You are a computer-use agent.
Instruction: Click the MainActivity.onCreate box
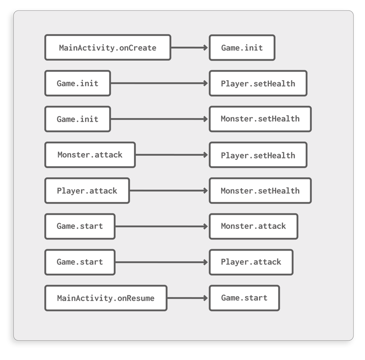pos(108,47)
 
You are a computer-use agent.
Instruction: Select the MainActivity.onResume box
pos(106,298)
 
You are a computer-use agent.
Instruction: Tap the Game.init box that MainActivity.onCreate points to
pos(242,47)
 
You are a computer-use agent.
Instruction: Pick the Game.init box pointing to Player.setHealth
pos(77,83)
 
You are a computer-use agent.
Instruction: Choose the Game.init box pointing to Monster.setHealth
pos(77,119)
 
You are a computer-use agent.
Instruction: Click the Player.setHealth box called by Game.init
pos(258,83)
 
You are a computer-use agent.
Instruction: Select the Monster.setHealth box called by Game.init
pos(260,119)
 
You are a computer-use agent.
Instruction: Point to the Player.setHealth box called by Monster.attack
pos(258,155)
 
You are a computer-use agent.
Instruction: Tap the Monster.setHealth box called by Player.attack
pos(260,191)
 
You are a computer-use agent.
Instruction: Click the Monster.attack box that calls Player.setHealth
pos(90,155)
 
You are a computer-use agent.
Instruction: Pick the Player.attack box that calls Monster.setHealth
pos(87,191)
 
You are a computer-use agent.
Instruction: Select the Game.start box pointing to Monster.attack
pos(80,226)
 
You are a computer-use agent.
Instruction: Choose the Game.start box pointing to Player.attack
pos(80,262)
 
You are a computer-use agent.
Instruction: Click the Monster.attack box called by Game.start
pos(254,226)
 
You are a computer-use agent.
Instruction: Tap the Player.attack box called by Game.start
pos(251,262)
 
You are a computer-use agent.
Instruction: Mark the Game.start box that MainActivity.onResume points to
pos(244,298)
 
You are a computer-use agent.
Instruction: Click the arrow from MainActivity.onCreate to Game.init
pos(190,47)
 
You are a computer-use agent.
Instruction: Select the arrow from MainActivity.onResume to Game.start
pos(188,298)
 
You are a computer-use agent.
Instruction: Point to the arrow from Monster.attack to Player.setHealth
pos(172,155)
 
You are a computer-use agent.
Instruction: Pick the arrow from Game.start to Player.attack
pos(162,262)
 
